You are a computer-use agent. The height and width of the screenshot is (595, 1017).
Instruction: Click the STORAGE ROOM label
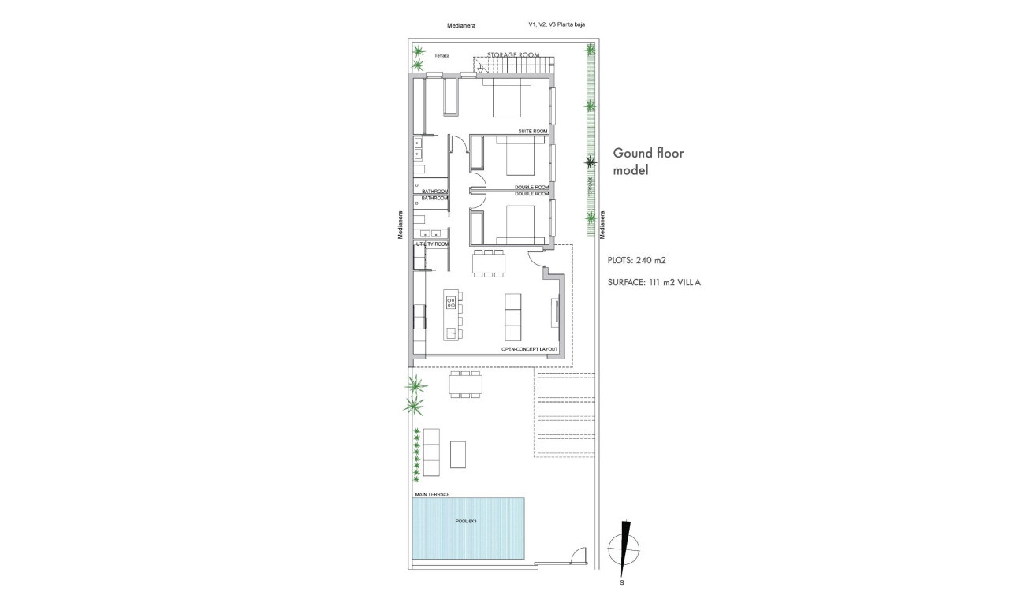click(x=513, y=54)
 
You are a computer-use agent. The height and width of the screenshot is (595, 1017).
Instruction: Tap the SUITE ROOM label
click(x=532, y=131)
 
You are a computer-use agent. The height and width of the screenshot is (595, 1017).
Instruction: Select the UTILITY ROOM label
click(x=431, y=244)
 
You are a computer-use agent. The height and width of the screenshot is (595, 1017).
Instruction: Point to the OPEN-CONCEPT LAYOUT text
click(x=529, y=348)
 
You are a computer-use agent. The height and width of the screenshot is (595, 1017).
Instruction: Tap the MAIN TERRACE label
click(x=431, y=494)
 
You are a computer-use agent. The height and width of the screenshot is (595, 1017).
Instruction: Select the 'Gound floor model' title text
click(x=648, y=161)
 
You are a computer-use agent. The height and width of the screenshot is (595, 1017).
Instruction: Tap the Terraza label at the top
click(x=441, y=56)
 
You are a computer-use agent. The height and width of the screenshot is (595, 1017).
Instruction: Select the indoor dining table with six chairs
click(x=488, y=263)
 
